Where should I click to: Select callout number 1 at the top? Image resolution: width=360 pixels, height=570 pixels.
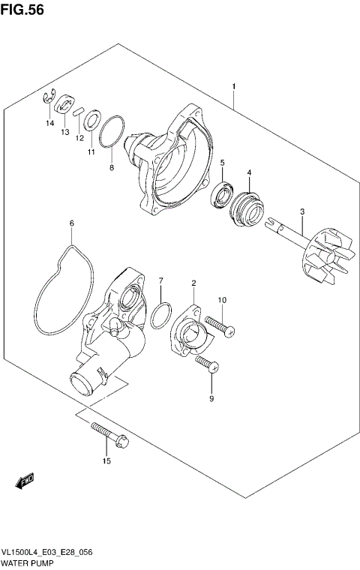click(234, 87)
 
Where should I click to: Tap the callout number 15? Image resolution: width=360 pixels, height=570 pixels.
click(106, 460)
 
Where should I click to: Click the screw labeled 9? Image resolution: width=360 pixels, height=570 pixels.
click(206, 365)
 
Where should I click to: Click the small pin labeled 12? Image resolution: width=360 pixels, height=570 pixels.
click(78, 111)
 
